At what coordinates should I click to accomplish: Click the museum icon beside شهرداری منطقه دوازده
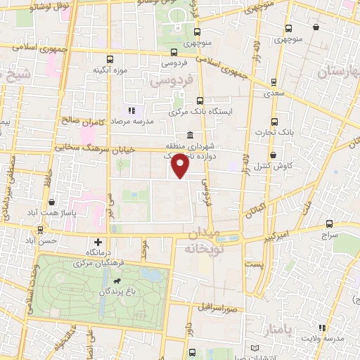(x=190, y=136)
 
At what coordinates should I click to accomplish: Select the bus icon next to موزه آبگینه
(x=108, y=60)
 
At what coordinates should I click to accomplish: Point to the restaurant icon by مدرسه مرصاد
(x=131, y=110)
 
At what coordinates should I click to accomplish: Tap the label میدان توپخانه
(x=203, y=240)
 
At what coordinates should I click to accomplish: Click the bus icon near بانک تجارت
(x=275, y=120)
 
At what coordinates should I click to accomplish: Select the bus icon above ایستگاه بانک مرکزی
(x=200, y=101)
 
